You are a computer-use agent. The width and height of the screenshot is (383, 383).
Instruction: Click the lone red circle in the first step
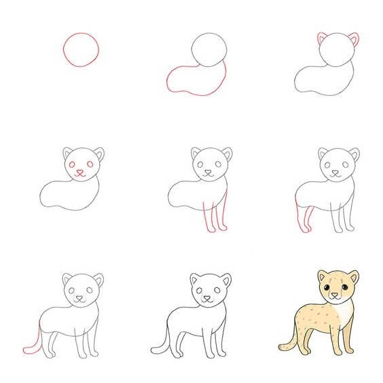(80, 48)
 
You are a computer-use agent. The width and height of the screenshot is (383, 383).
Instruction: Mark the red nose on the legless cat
(80, 172)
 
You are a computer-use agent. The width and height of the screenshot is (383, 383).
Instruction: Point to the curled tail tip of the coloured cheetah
(282, 347)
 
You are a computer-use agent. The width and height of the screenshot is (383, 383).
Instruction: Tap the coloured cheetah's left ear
(322, 276)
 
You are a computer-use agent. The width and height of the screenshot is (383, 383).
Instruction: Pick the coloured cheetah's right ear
(354, 277)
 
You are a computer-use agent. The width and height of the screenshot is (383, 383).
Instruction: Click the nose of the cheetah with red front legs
(208, 172)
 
